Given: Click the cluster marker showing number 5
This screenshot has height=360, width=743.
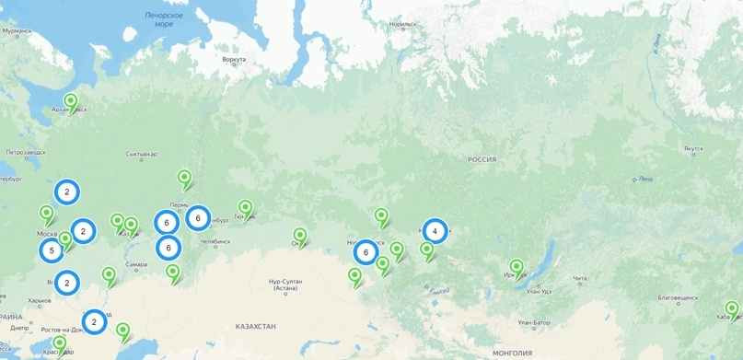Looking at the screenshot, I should pyautogui.click(x=52, y=250).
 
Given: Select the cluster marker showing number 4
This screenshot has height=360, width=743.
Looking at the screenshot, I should pyautogui.click(x=435, y=231).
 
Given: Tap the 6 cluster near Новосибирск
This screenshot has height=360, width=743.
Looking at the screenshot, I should pyautogui.click(x=366, y=252).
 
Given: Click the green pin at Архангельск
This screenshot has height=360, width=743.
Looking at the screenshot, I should pyautogui.click(x=70, y=102).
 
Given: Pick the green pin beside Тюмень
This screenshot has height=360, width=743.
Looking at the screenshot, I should pyautogui.click(x=245, y=209).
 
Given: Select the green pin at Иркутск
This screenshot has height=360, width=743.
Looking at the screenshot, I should pyautogui.click(x=517, y=268).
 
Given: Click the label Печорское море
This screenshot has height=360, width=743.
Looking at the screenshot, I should pyautogui.click(x=164, y=19).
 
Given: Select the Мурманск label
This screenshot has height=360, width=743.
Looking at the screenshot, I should pyautogui.click(x=17, y=30).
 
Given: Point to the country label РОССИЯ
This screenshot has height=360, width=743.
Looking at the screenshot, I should pyautogui.click(x=482, y=159).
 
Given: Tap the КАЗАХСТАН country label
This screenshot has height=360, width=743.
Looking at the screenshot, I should pyautogui.click(x=255, y=327).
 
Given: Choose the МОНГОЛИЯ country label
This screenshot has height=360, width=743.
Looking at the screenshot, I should pyautogui.click(x=513, y=353).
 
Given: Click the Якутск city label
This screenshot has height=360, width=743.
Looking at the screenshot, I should pyautogui.click(x=692, y=148).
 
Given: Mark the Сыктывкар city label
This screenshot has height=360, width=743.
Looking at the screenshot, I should pyautogui.click(x=140, y=154).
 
